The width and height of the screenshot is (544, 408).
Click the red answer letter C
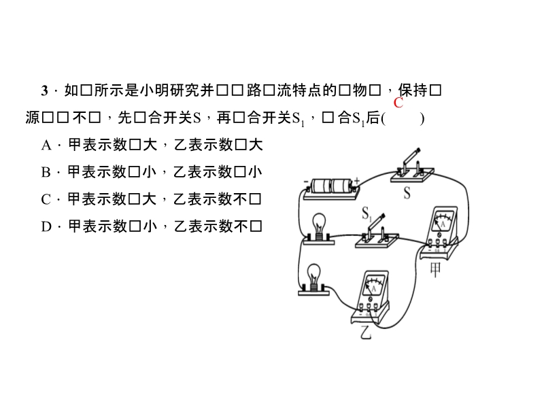[x=398, y=103]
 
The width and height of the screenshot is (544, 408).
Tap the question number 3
[x=45, y=90]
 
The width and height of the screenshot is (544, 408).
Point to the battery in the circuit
[x=331, y=188]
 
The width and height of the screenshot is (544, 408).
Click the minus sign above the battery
[x=306, y=182]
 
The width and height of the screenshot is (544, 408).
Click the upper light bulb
[x=318, y=226]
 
